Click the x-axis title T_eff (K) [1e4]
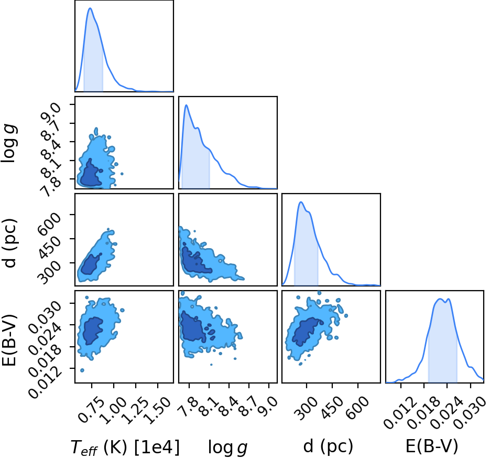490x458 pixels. tap(125, 448)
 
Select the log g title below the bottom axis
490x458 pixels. tap(228, 448)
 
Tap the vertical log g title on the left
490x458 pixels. tap(9, 143)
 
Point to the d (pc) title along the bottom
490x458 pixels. tap(328, 447)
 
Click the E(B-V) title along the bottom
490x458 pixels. tap(431, 446)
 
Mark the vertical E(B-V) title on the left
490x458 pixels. tap(9, 337)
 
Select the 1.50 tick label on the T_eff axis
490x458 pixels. tap(158, 410)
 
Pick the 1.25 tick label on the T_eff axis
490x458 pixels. tap(136, 410)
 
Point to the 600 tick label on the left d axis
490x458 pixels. tap(49, 223)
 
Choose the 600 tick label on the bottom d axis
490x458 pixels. tap(357, 407)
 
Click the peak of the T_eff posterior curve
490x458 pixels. tap(90, 8)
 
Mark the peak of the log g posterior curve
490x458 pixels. tap(186, 105)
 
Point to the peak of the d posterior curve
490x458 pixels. tap(301, 202)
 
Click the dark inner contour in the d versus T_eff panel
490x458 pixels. tap(91, 264)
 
